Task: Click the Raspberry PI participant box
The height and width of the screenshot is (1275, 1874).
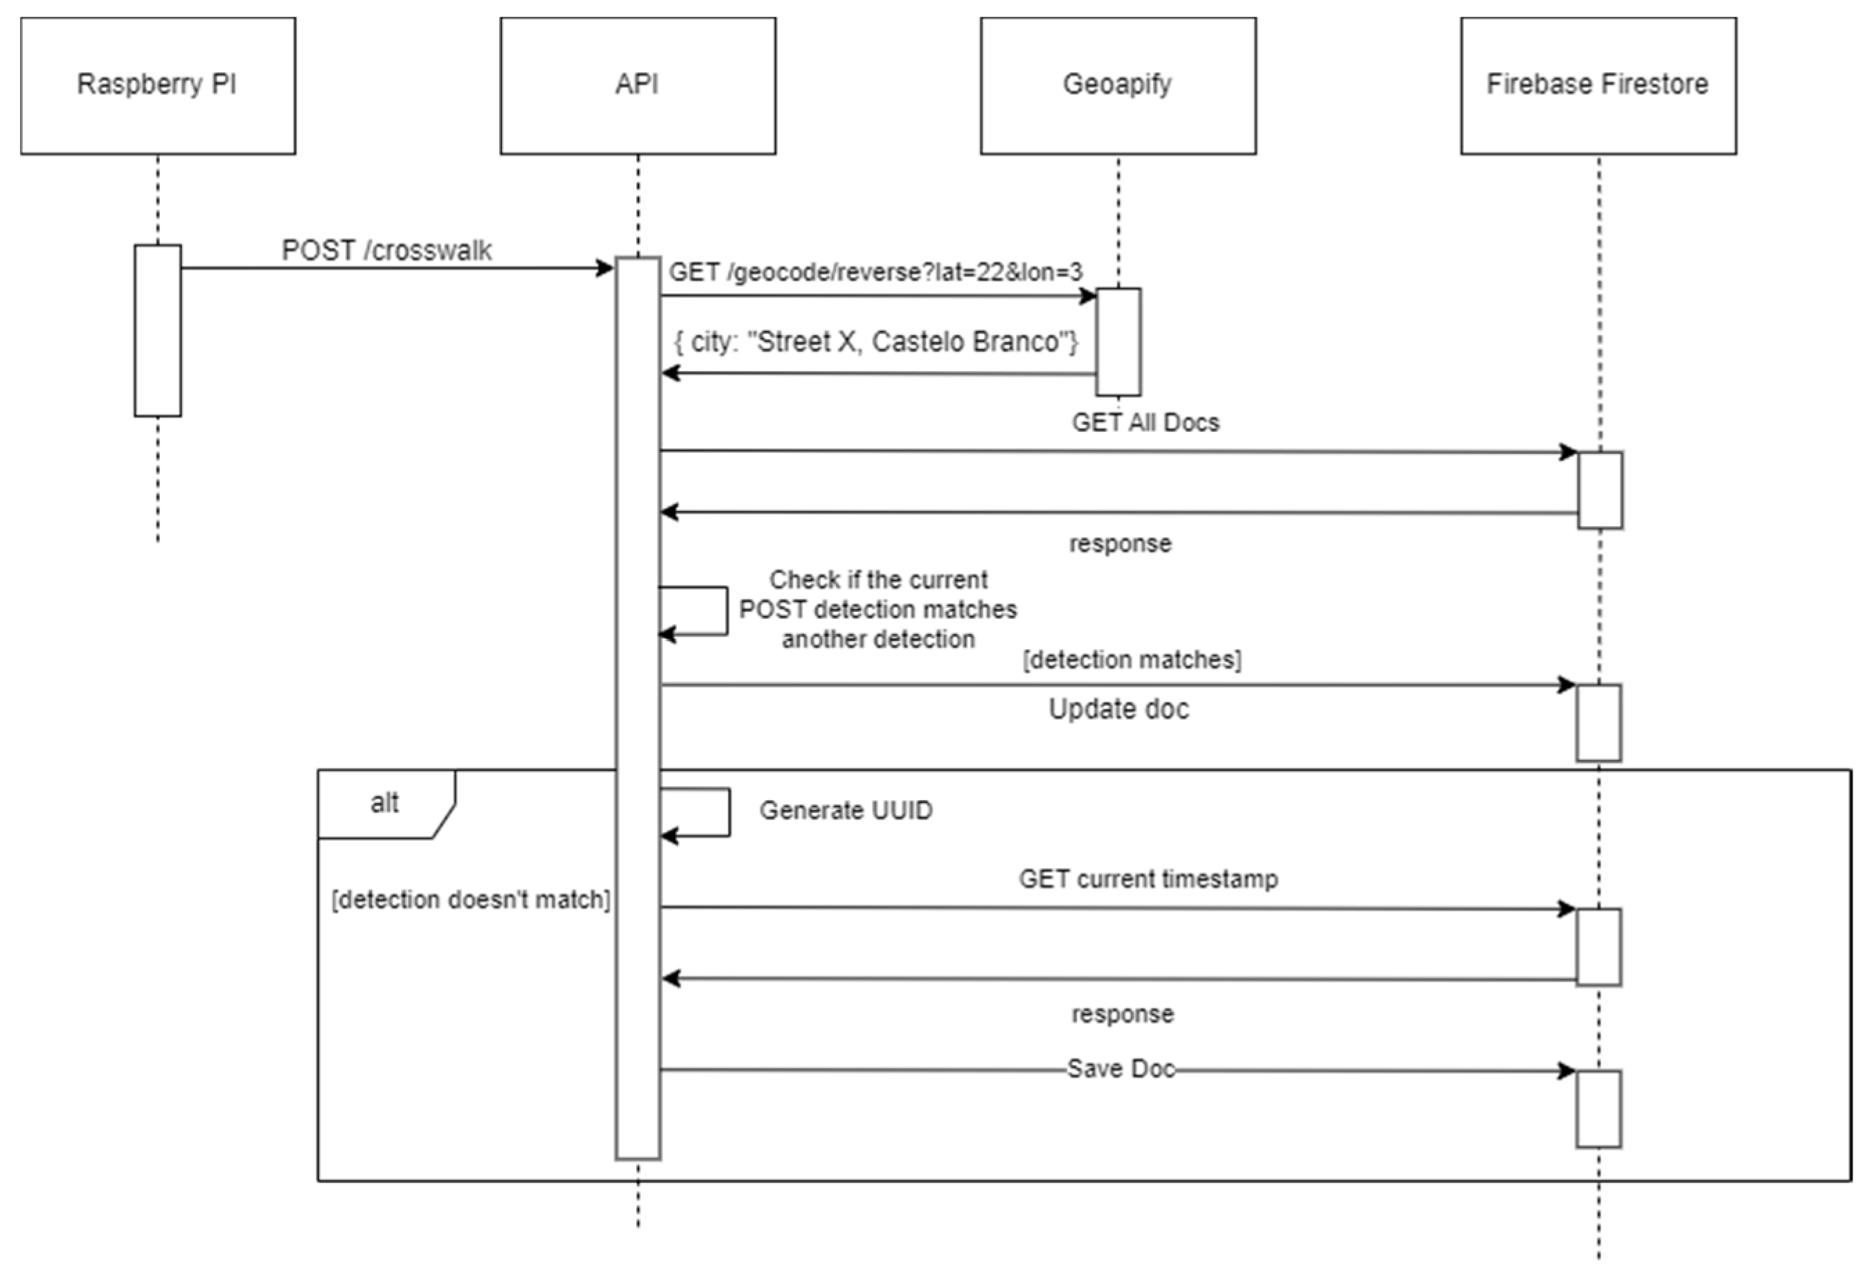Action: click(158, 85)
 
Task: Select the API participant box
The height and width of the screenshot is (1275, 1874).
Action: click(638, 85)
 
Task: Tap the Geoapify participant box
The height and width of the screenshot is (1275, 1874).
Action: click(1118, 85)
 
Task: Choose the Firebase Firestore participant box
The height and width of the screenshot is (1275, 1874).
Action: click(1598, 85)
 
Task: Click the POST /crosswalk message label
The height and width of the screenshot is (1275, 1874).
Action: click(386, 251)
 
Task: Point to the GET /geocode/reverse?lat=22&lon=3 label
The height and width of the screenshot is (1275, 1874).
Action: click(876, 273)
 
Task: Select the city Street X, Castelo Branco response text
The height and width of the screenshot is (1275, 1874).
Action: click(876, 342)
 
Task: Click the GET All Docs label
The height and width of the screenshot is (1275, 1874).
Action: click(1145, 422)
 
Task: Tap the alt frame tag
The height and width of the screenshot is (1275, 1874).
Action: click(384, 803)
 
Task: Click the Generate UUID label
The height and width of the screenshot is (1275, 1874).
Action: click(846, 810)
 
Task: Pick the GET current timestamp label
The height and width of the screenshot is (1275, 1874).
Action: click(1148, 878)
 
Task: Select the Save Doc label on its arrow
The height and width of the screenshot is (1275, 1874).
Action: click(1120, 1069)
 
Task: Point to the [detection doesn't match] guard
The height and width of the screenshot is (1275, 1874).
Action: click(471, 899)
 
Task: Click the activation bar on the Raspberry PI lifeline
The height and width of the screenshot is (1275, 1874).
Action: click(158, 330)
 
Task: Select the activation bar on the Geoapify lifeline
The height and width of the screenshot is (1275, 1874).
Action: click(1118, 342)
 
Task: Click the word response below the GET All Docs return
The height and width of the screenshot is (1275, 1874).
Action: click(1120, 544)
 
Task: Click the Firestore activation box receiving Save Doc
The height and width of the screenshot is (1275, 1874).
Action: click(1598, 1109)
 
